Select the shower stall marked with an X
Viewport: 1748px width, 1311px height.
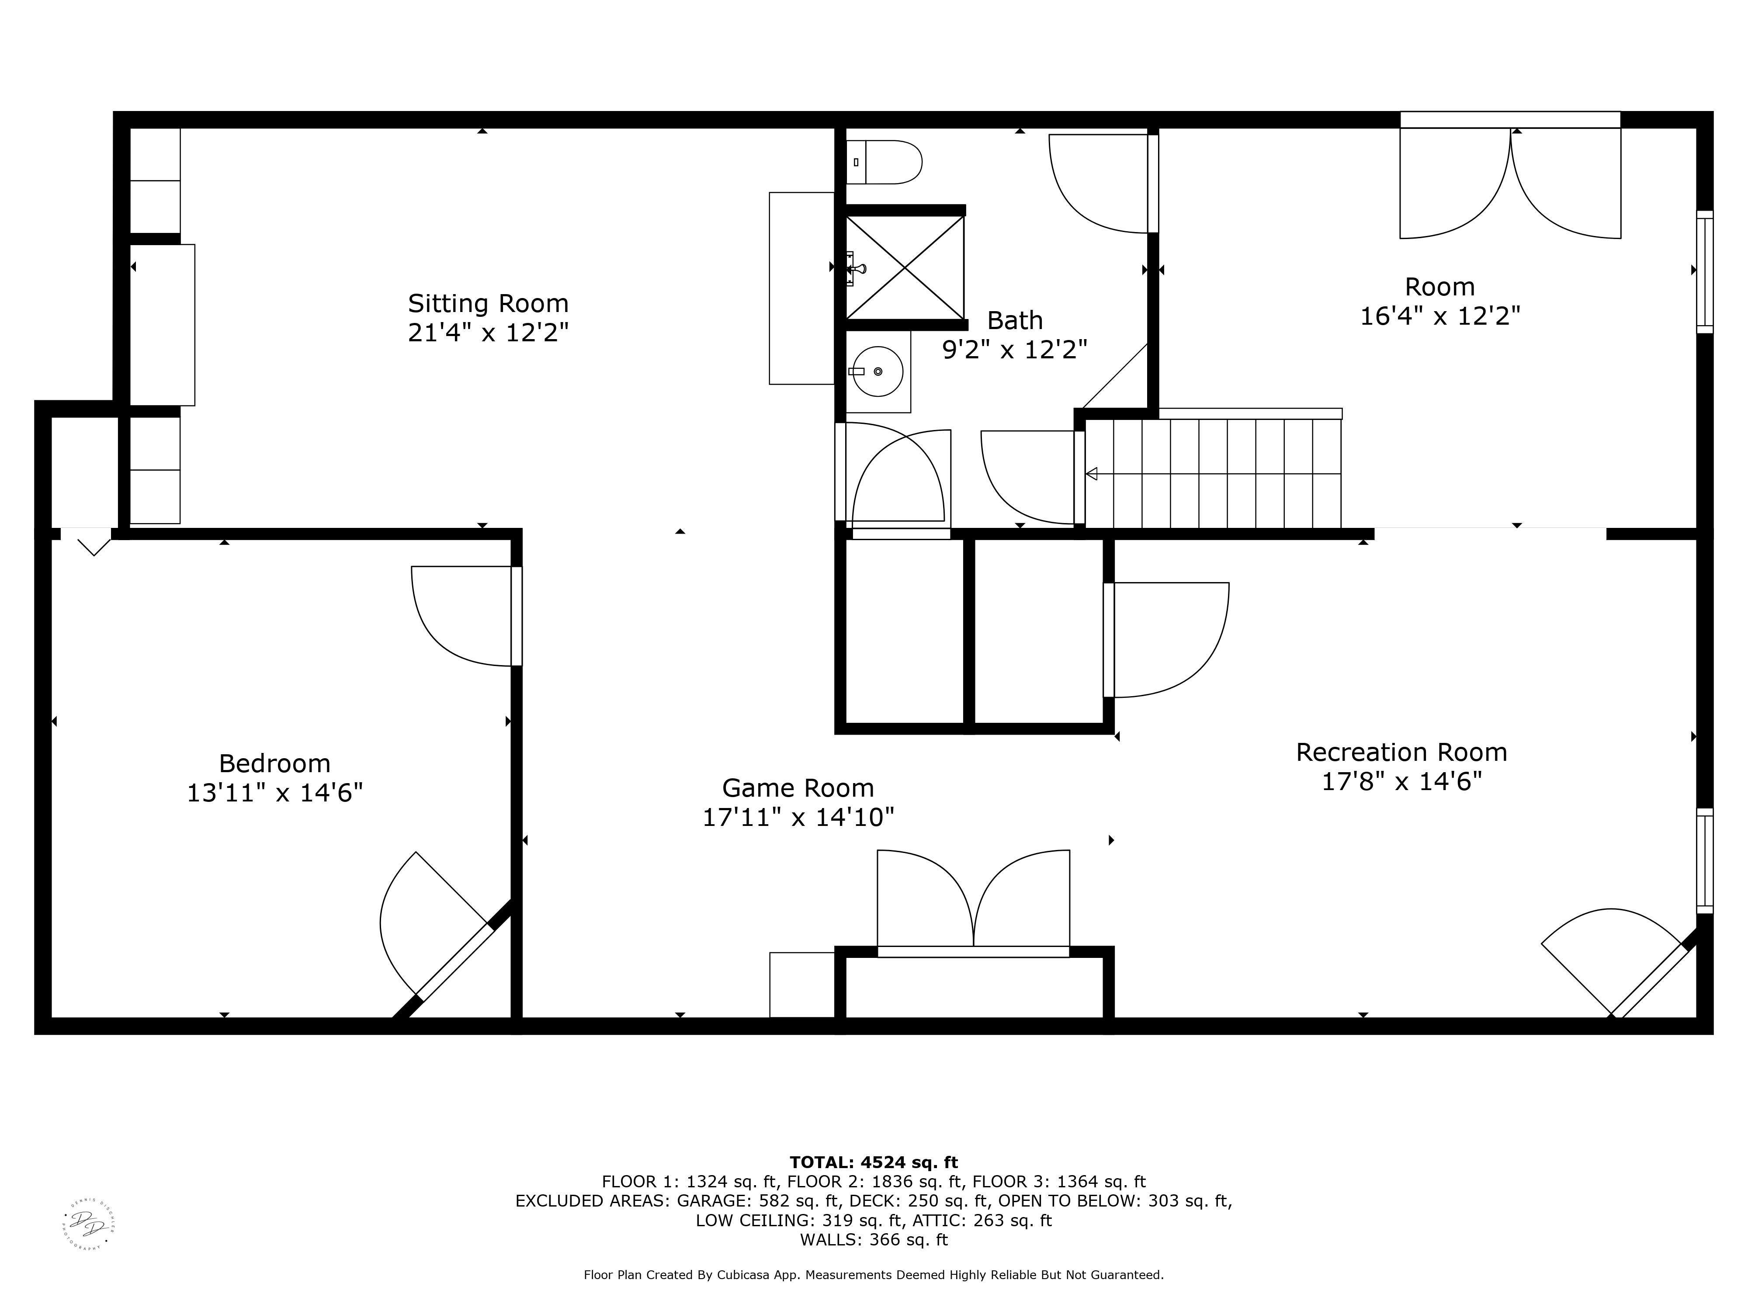coord(905,267)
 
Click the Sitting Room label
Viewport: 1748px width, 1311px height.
coord(488,303)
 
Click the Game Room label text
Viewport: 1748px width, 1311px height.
coord(798,788)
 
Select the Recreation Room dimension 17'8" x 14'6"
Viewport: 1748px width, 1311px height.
coord(1401,781)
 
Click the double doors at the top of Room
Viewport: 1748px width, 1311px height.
coord(1510,186)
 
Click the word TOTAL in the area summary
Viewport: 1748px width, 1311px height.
coord(820,1162)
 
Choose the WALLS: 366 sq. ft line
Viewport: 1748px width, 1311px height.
coord(873,1240)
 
